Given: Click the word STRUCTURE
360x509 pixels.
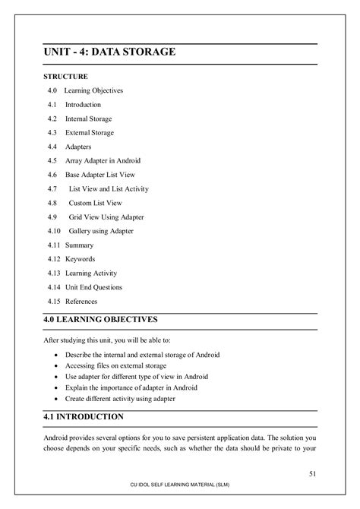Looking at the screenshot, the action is [65, 77].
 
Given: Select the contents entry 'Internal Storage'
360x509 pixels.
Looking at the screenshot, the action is [89, 119].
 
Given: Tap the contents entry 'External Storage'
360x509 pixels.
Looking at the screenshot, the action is [90, 133].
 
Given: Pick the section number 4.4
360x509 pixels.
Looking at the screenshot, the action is [52, 147].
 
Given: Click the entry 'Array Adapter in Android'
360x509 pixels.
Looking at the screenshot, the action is [103, 161].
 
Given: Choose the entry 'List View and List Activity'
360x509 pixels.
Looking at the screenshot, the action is [109, 189].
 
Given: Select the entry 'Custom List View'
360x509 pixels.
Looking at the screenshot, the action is [96, 203].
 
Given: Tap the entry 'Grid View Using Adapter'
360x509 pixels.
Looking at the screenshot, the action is [106, 217].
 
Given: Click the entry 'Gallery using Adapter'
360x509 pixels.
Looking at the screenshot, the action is [101, 231].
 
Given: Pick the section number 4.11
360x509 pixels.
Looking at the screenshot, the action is [53, 245].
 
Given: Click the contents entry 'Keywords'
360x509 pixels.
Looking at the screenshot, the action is [80, 259].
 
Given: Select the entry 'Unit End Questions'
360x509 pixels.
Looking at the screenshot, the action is [93, 287].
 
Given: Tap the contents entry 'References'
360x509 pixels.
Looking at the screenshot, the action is [82, 302].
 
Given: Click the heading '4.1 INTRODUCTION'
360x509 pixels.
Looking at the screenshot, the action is [83, 417].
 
